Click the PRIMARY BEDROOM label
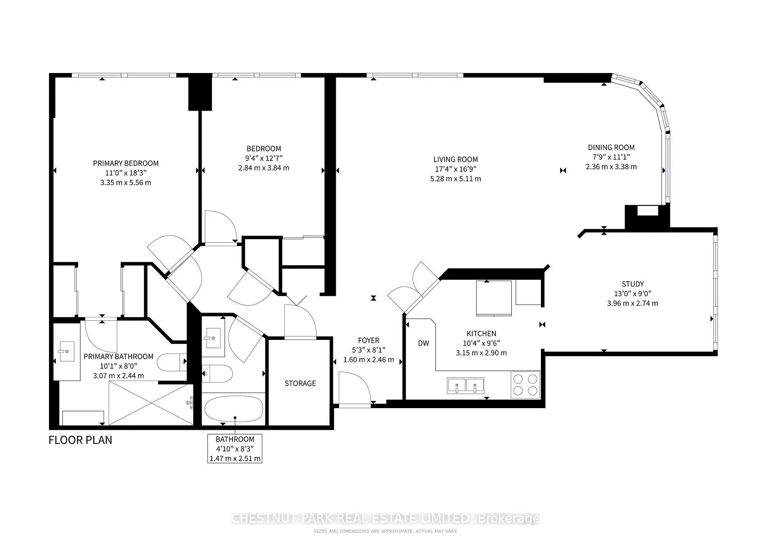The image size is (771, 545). [126, 163]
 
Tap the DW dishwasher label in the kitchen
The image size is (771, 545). [424, 343]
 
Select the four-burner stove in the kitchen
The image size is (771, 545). [526, 385]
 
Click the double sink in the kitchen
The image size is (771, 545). [466, 386]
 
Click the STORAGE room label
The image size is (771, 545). [300, 383]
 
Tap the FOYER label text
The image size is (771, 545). [369, 340]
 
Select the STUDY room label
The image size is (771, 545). [633, 284]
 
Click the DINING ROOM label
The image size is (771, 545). [611, 147]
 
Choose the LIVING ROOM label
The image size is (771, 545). [455, 159]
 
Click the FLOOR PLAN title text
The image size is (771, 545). [80, 440]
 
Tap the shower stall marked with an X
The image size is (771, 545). [151, 403]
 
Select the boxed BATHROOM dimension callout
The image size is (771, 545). [235, 449]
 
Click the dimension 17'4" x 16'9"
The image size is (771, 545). [455, 169]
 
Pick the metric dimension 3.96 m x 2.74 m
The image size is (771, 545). [632, 303]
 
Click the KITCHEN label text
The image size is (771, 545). [481, 334]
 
